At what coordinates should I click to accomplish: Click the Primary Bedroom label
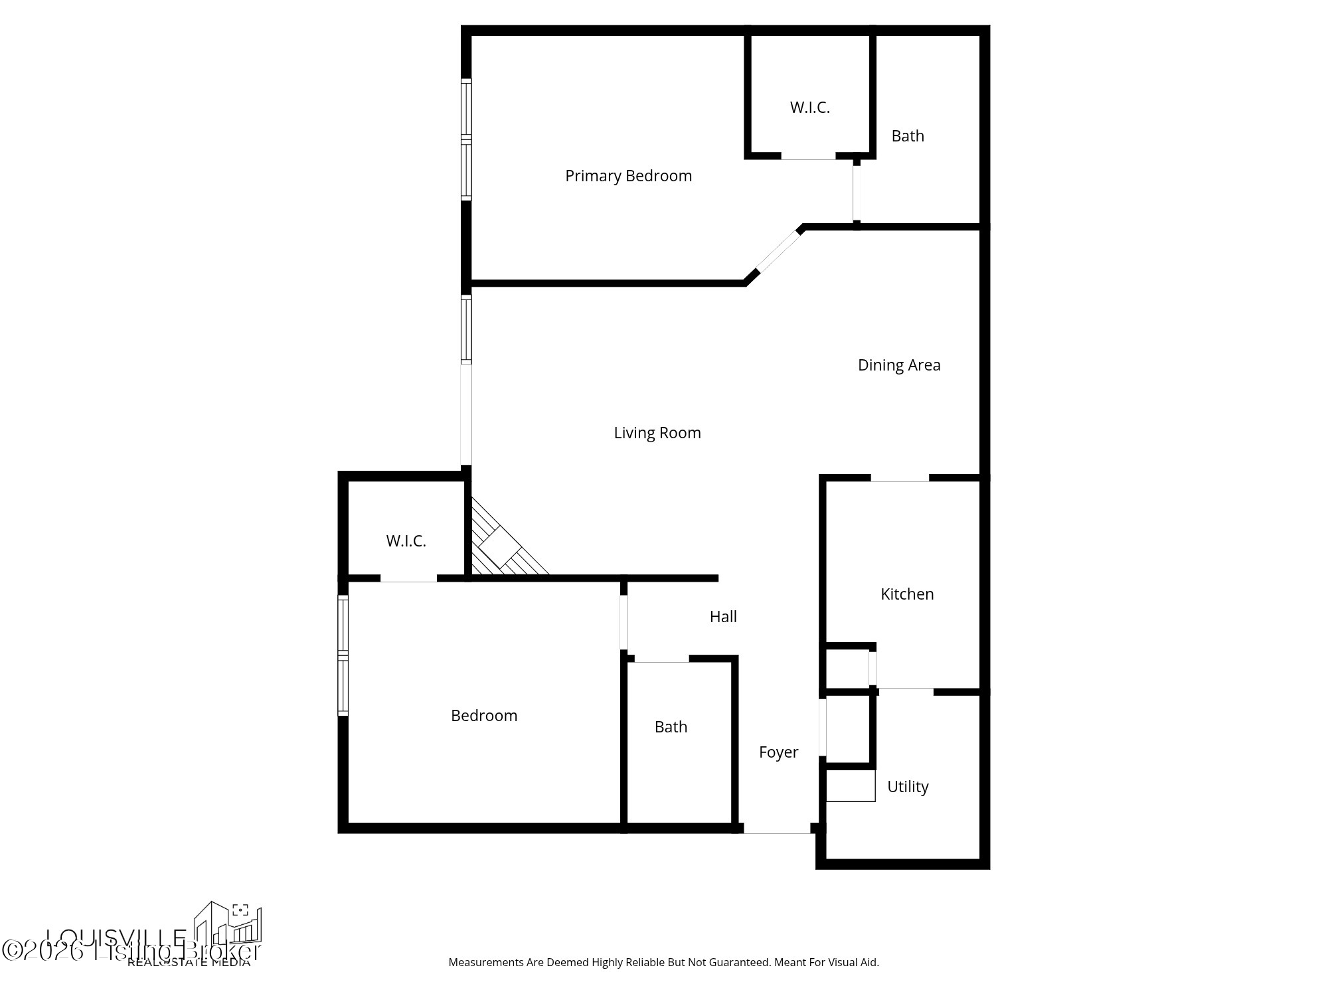click(628, 176)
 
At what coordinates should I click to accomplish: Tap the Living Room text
click(657, 433)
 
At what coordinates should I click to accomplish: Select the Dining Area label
click(899, 365)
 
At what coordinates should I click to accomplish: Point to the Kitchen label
click(907, 594)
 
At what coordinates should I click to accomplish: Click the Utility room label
click(908, 787)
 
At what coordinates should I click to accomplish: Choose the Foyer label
click(778, 752)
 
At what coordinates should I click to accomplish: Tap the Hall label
click(723, 617)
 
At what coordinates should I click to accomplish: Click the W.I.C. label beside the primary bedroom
click(809, 108)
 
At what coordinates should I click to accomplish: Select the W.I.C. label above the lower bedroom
click(406, 541)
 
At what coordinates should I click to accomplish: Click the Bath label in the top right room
click(908, 136)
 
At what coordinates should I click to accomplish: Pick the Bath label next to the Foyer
click(671, 727)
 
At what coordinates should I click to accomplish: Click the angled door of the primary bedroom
click(778, 250)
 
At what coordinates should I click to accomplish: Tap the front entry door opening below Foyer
click(776, 829)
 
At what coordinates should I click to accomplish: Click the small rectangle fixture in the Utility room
click(851, 786)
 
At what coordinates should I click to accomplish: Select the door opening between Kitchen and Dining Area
click(900, 478)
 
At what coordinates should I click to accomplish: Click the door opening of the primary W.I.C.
click(808, 156)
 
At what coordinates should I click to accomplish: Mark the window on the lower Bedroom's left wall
click(343, 655)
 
